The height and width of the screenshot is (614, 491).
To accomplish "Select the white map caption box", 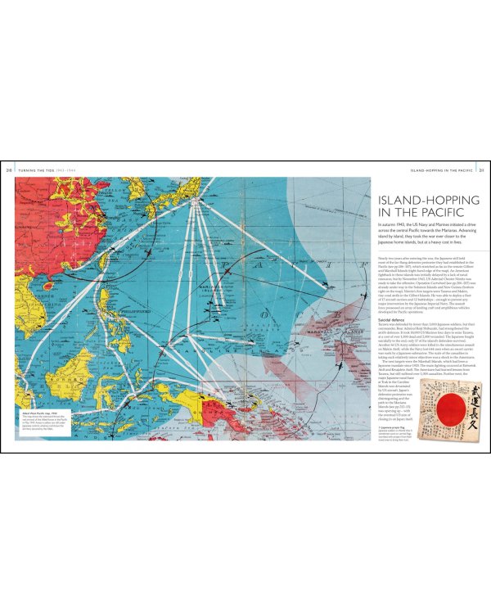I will click(42, 427).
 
